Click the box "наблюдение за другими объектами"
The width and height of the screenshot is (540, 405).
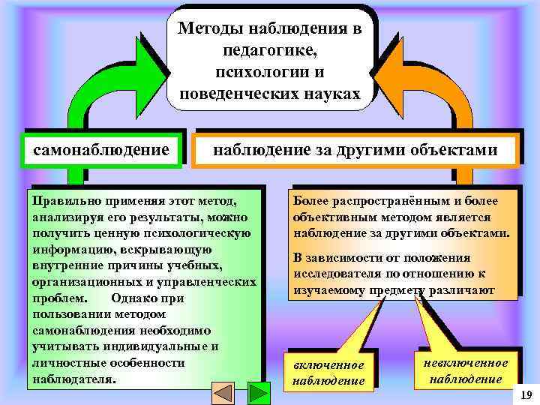[355, 149]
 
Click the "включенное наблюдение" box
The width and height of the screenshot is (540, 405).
[328, 372]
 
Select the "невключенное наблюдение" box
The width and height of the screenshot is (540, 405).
[466, 370]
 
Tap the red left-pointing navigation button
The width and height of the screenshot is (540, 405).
[222, 393]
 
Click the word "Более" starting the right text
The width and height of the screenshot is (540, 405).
[310, 201]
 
